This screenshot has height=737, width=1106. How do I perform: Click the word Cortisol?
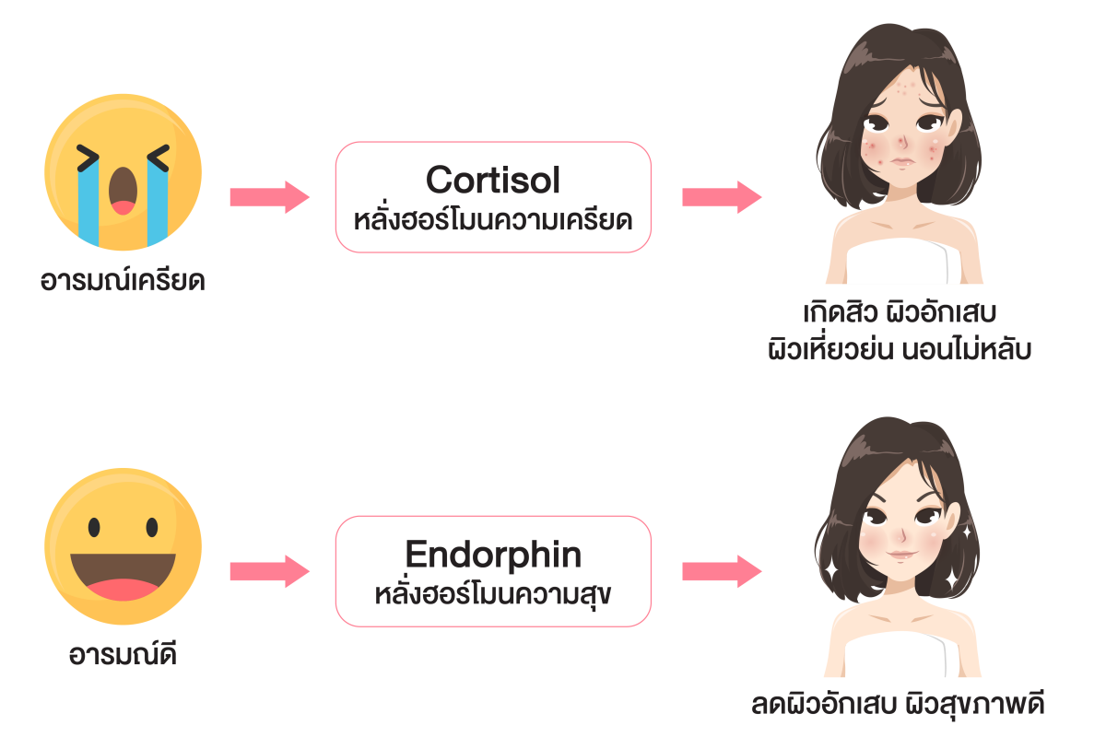click(x=493, y=180)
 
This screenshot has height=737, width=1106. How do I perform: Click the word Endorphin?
click(x=493, y=555)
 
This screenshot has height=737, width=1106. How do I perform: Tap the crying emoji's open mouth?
click(x=123, y=191)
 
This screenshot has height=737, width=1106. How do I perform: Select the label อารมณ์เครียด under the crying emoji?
click(x=123, y=281)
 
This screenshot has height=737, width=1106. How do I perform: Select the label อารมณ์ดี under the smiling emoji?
click(x=123, y=655)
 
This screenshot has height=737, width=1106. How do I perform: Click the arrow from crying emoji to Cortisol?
click(x=269, y=197)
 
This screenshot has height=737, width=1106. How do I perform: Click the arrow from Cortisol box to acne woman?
click(x=722, y=197)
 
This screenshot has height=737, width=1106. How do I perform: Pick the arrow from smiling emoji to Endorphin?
click(x=269, y=571)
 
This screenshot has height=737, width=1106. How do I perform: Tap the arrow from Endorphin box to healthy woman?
click(x=722, y=571)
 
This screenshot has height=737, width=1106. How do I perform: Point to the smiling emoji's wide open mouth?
click(x=123, y=577)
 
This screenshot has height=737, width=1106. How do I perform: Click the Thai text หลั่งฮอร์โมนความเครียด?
click(x=493, y=220)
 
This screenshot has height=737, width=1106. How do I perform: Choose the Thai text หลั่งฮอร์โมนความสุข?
click(x=493, y=594)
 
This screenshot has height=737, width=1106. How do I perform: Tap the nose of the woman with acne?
click(x=902, y=141)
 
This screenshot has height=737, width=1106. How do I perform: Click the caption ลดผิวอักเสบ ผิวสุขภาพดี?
click(x=898, y=704)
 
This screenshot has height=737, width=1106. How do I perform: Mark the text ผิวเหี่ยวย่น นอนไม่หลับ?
click(x=900, y=348)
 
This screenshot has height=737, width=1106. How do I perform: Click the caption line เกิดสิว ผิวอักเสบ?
click(x=900, y=312)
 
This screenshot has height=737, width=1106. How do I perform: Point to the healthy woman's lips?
click(x=901, y=555)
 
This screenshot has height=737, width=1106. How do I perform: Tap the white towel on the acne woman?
click(x=898, y=261)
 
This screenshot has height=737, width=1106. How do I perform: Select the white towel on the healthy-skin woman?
click(x=896, y=655)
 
